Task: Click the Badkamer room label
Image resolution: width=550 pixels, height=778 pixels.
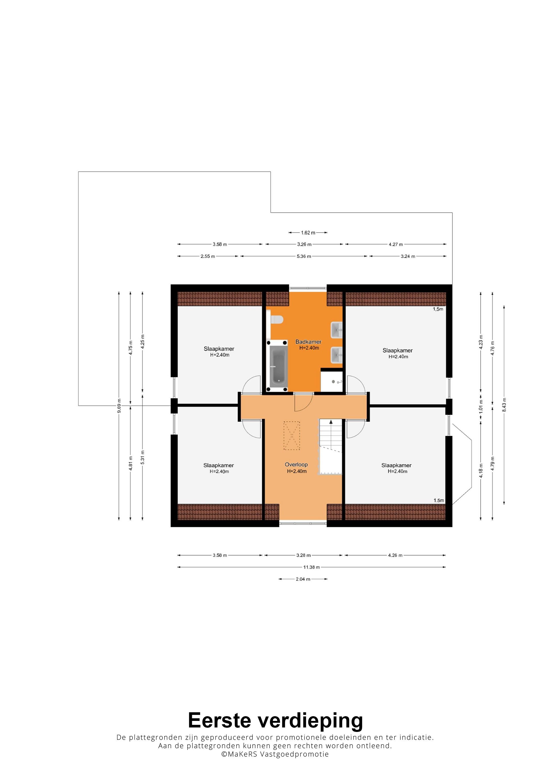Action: [x=308, y=342]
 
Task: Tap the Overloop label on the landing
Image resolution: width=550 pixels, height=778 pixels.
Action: [x=296, y=465]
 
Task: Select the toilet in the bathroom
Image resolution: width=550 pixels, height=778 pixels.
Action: [x=277, y=319]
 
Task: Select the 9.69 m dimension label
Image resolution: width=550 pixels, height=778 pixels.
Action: [x=119, y=406]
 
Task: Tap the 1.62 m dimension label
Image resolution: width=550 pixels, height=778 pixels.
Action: [x=308, y=233]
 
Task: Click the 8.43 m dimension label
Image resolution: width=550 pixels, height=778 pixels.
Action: [x=504, y=405]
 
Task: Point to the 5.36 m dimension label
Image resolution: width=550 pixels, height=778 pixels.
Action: [x=304, y=256]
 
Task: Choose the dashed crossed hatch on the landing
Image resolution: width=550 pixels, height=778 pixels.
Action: [x=292, y=435]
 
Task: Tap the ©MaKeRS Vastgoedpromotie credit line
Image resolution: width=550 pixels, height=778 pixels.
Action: [x=275, y=761]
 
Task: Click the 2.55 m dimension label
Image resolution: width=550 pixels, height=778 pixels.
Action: [x=208, y=256]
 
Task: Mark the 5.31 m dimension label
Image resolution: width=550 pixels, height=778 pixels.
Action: [x=143, y=457]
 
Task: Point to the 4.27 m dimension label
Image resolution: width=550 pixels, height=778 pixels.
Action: [x=396, y=244]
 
